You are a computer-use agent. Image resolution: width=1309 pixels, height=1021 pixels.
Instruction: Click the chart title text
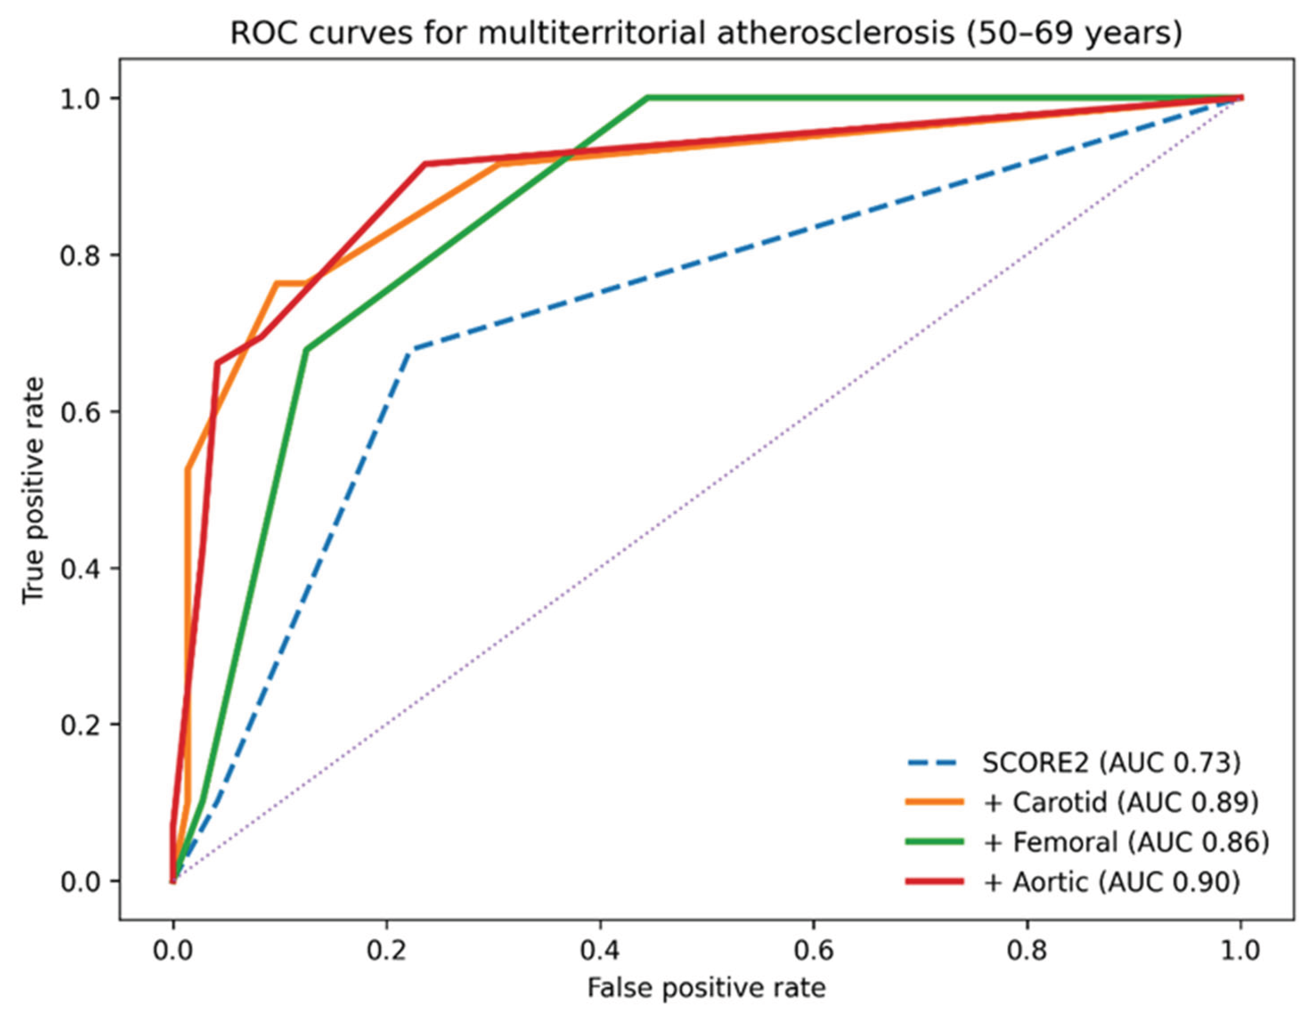point(706,34)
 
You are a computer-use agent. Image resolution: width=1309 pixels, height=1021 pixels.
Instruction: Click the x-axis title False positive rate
point(706,987)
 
